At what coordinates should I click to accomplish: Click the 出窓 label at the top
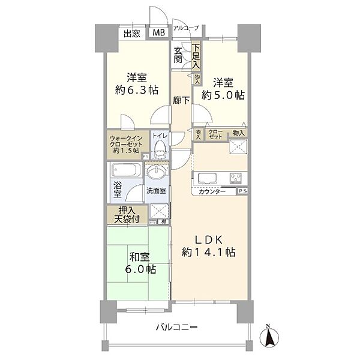(x=133, y=34)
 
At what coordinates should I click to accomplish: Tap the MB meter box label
(x=159, y=34)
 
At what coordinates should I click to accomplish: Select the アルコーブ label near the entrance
(x=185, y=28)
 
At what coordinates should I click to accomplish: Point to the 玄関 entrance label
(x=179, y=56)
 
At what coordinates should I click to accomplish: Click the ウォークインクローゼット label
(x=127, y=144)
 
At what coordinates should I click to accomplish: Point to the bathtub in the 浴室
(x=126, y=170)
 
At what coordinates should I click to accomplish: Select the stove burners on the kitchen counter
(x=234, y=178)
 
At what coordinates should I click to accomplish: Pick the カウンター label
(x=213, y=191)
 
